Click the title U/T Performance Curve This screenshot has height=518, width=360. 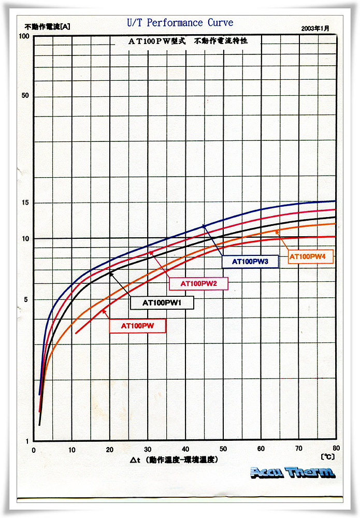[x=180, y=23]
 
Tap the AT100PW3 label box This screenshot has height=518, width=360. [x=250, y=262]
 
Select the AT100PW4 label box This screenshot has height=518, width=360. [x=307, y=256]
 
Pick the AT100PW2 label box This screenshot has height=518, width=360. [x=198, y=283]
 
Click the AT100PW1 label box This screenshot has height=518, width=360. [x=162, y=303]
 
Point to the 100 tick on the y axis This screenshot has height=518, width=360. [x=23, y=36]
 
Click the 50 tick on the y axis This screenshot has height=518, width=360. [x=25, y=96]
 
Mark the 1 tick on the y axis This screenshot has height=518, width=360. [x=27, y=441]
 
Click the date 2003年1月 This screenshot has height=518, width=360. [x=314, y=29]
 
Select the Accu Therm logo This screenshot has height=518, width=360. [x=293, y=472]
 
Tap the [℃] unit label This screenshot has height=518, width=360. [x=327, y=457]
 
